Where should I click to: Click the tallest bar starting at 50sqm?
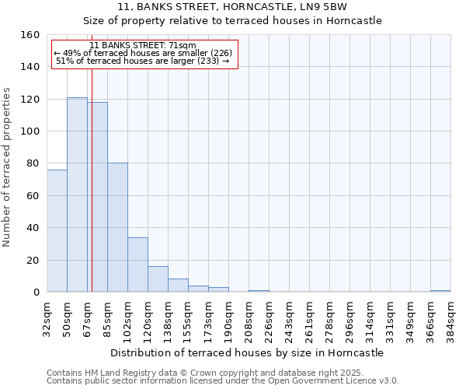[77, 194]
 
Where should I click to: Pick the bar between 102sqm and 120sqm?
[137, 265]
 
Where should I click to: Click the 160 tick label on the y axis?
[30, 35]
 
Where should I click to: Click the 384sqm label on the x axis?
[450, 318]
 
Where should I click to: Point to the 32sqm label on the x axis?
[47, 318]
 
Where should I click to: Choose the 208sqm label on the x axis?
[249, 318]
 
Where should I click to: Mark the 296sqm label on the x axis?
[349, 318]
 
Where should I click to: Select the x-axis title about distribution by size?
[247, 352]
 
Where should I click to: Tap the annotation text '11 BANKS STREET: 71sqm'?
[143, 46]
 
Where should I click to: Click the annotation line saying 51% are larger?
[143, 61]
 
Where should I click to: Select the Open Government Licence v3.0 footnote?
[222, 380]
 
